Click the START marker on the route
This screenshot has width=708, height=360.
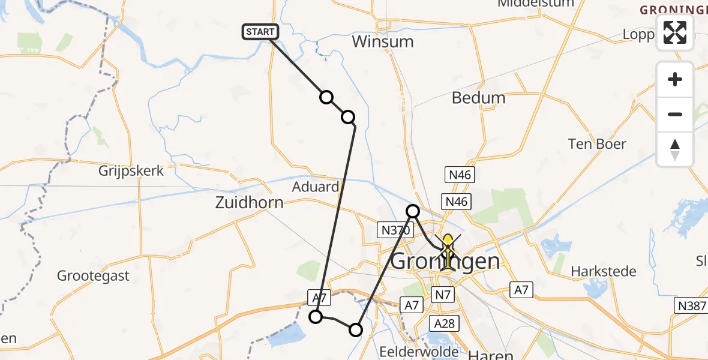(x=260, y=32)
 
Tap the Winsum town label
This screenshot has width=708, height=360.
(x=383, y=41)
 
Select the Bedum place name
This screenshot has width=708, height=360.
(x=478, y=98)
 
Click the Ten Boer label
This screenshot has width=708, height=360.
(x=597, y=144)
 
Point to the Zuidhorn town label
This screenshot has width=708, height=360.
(x=249, y=203)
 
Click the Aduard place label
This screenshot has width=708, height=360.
(x=315, y=187)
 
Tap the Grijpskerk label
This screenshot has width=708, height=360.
(x=131, y=171)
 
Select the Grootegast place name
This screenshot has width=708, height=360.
(x=94, y=276)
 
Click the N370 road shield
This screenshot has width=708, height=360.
(x=392, y=229)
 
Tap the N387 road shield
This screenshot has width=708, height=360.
(x=691, y=305)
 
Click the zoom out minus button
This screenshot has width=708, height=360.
(x=675, y=114)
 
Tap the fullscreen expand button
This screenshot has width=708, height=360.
(x=675, y=32)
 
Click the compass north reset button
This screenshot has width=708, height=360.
(x=675, y=149)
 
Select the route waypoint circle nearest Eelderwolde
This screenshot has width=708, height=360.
(x=356, y=329)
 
